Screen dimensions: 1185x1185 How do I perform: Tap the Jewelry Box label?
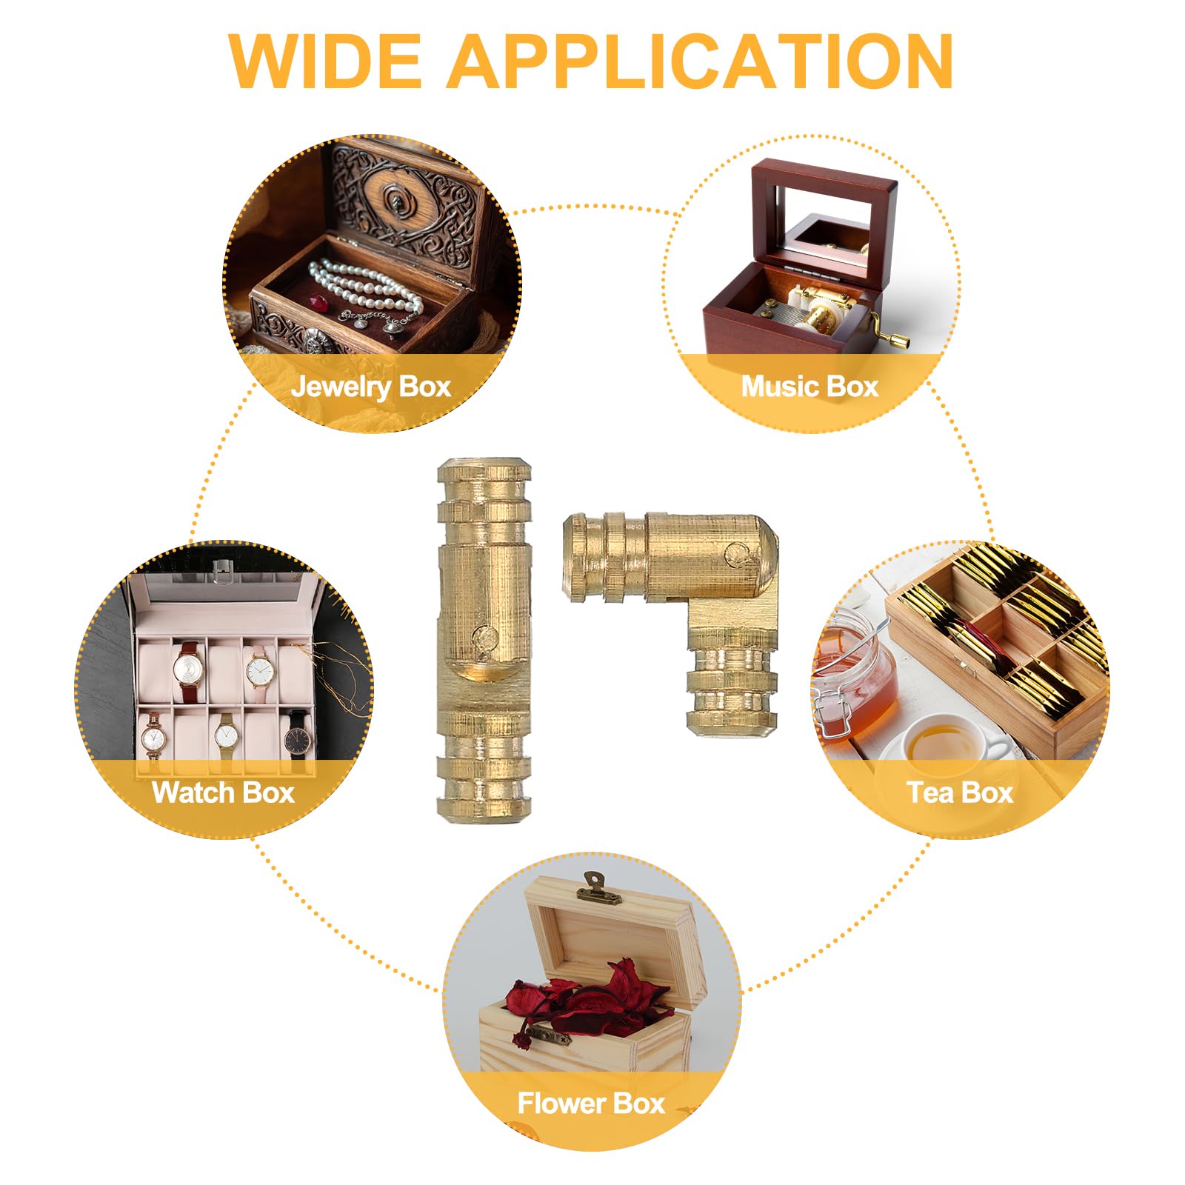(371, 387)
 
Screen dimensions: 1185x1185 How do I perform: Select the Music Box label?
(810, 387)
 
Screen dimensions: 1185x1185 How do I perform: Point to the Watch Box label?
(224, 792)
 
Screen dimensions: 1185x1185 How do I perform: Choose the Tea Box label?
(960, 792)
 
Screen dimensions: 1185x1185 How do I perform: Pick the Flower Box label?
(591, 1104)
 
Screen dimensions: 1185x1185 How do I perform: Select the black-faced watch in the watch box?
(298, 738)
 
